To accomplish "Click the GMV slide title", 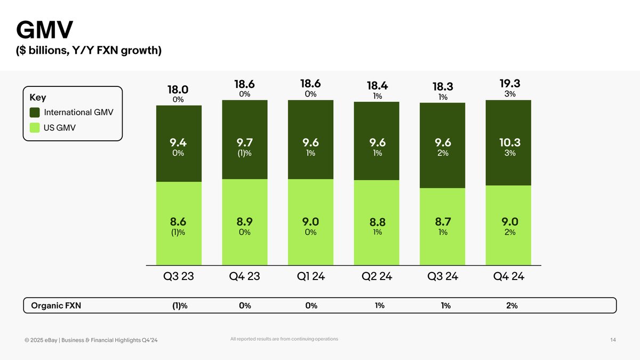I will click(44, 31).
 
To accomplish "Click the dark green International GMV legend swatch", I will click(35, 113).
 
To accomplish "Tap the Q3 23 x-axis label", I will click(179, 277).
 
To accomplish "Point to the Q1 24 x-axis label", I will click(310, 277).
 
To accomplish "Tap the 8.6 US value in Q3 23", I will click(179, 222).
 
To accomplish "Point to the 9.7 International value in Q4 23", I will click(245, 143).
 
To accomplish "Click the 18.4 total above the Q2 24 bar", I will click(377, 85).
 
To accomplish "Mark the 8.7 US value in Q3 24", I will click(443, 222).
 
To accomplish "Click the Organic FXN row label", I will click(57, 306).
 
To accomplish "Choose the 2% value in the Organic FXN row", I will click(511, 306).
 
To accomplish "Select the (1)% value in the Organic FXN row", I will click(179, 306).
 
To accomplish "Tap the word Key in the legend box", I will click(38, 98).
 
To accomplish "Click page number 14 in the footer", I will click(613, 341).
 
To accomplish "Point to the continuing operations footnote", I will click(284, 339).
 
